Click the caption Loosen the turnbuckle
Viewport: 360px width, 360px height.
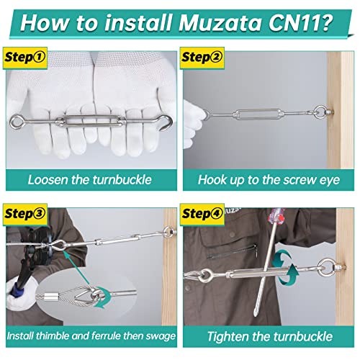tap(89, 179)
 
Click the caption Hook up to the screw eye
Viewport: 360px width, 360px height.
tap(269, 179)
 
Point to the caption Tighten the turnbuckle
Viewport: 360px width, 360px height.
tap(269, 336)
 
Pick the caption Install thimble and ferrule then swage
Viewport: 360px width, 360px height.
tap(89, 336)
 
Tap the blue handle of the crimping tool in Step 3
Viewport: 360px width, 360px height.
tap(15, 289)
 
